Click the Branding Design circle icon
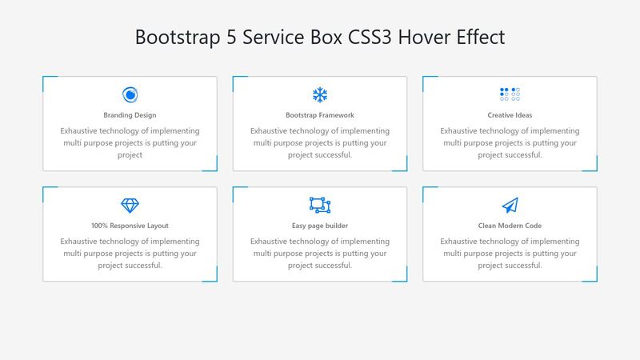point(130,95)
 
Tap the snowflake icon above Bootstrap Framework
point(320,95)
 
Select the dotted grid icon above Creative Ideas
point(510,94)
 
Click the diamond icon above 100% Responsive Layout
point(130,206)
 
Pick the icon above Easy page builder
point(320,206)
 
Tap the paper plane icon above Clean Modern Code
point(510,206)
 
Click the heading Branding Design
point(130,115)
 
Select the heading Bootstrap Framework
point(320,115)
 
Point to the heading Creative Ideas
point(510,115)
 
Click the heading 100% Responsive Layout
point(130,226)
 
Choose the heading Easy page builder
point(320,226)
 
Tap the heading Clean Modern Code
point(510,226)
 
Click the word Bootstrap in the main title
point(173,38)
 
